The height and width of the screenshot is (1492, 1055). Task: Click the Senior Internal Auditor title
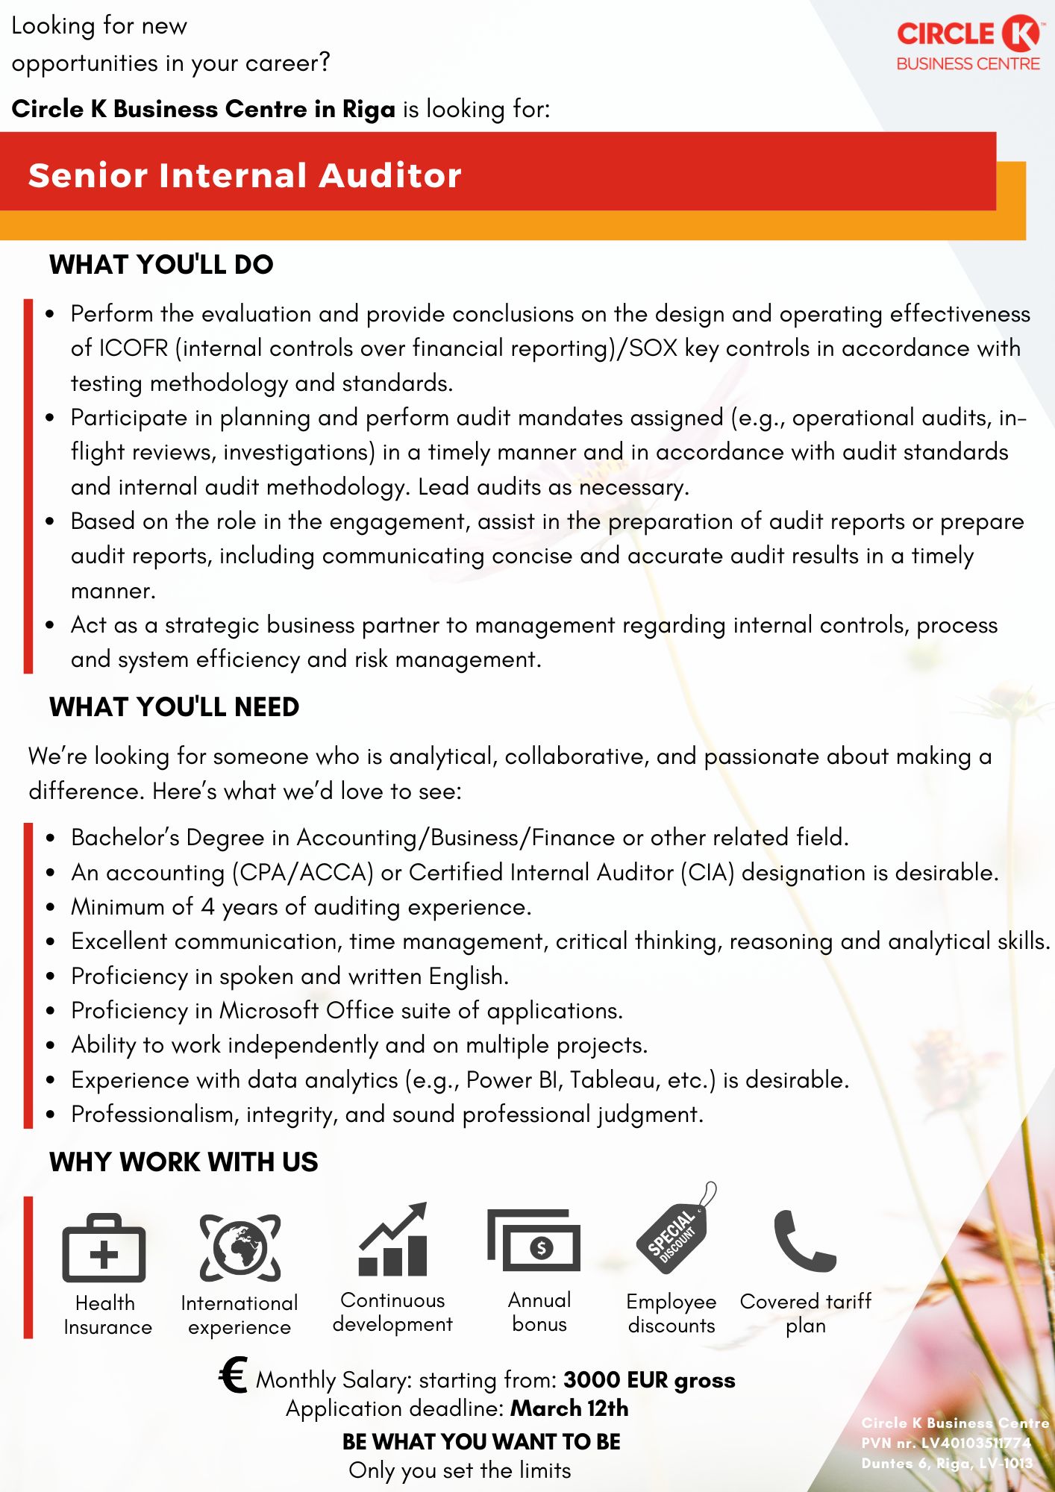(x=245, y=175)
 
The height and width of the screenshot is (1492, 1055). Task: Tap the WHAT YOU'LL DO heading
(x=161, y=265)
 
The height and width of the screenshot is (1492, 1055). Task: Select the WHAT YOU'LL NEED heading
(x=174, y=707)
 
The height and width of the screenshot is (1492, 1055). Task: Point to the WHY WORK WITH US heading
(x=184, y=1162)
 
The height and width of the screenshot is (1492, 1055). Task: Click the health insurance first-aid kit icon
(x=104, y=1248)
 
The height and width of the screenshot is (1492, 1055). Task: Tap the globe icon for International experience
(x=240, y=1247)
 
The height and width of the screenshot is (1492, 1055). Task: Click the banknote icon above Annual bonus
(x=534, y=1241)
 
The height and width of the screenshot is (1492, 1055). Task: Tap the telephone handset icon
(x=804, y=1241)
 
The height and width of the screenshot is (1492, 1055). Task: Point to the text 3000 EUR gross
(x=649, y=1380)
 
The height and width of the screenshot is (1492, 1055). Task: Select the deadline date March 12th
(x=569, y=1408)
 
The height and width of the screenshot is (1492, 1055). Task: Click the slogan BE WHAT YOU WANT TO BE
(x=481, y=1442)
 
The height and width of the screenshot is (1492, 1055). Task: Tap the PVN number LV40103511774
(x=976, y=1443)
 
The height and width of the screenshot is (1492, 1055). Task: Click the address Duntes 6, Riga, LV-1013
(x=947, y=1463)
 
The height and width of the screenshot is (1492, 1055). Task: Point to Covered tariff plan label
(x=805, y=1313)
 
